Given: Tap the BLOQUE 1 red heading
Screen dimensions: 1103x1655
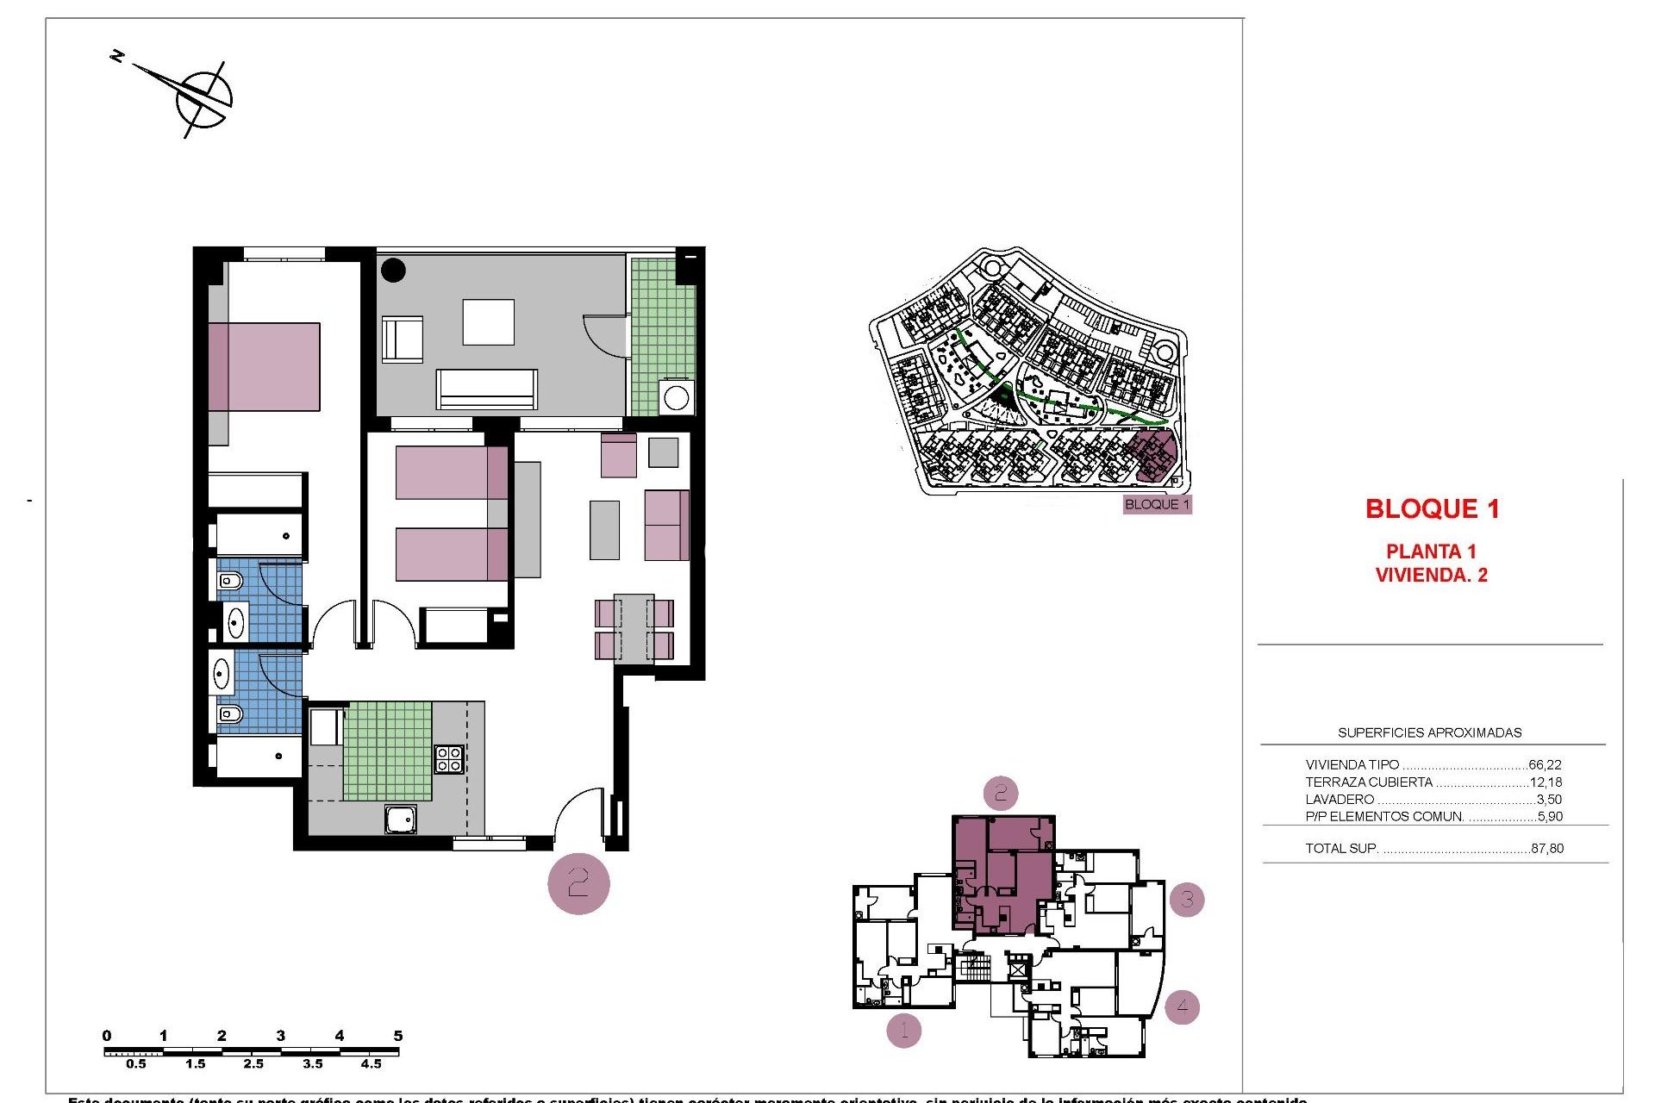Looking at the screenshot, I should (x=1432, y=509).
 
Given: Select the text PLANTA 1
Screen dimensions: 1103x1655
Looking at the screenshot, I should (x=1431, y=551).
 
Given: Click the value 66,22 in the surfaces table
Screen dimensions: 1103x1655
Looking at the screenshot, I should (x=1545, y=764).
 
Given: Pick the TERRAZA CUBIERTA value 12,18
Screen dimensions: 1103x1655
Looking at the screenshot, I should (x=1546, y=782).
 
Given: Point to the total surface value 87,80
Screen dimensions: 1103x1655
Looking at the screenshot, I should (x=1547, y=849).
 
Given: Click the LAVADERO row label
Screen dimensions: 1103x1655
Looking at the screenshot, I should (x=1340, y=800).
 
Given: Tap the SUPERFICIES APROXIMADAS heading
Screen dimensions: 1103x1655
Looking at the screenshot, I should (x=1429, y=733).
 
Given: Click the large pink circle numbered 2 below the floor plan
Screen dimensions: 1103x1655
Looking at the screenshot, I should (x=578, y=883).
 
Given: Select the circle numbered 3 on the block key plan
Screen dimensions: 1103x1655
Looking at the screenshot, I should (x=1187, y=900).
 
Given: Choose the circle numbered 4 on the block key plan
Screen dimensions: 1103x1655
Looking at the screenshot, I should (x=1182, y=1006).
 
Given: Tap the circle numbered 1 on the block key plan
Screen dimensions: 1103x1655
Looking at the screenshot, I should (x=903, y=1029).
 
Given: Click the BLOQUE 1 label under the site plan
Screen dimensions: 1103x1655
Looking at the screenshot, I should (x=1157, y=505).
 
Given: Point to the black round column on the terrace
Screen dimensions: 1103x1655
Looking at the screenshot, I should (x=393, y=270).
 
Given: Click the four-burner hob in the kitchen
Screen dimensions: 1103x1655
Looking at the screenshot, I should (x=448, y=759).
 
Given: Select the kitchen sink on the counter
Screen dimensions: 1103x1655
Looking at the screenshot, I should (x=401, y=819).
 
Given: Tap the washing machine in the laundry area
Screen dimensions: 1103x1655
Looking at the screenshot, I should (x=677, y=398).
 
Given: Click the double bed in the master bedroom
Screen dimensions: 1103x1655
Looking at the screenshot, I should (x=264, y=367).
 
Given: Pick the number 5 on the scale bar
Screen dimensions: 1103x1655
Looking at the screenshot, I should (x=397, y=1036).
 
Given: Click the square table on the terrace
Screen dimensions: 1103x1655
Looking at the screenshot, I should (x=488, y=322).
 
